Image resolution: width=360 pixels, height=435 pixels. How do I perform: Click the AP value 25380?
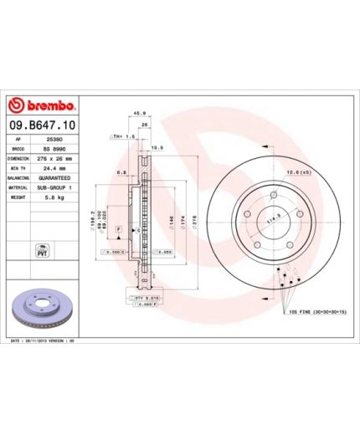click(x=50, y=139)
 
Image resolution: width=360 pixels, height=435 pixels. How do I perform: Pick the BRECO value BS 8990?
click(x=54, y=148)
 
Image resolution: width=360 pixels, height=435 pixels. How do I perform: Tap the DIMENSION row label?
click(x=19, y=158)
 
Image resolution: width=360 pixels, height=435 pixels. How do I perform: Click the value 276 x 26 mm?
click(x=55, y=158)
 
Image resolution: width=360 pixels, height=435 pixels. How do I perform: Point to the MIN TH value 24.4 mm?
click(x=54, y=168)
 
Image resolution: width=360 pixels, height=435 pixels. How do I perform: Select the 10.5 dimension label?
click(x=156, y=146)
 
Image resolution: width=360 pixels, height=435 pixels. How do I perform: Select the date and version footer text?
click(x=42, y=341)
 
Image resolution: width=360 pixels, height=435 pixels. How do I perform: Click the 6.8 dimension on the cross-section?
click(x=121, y=172)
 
